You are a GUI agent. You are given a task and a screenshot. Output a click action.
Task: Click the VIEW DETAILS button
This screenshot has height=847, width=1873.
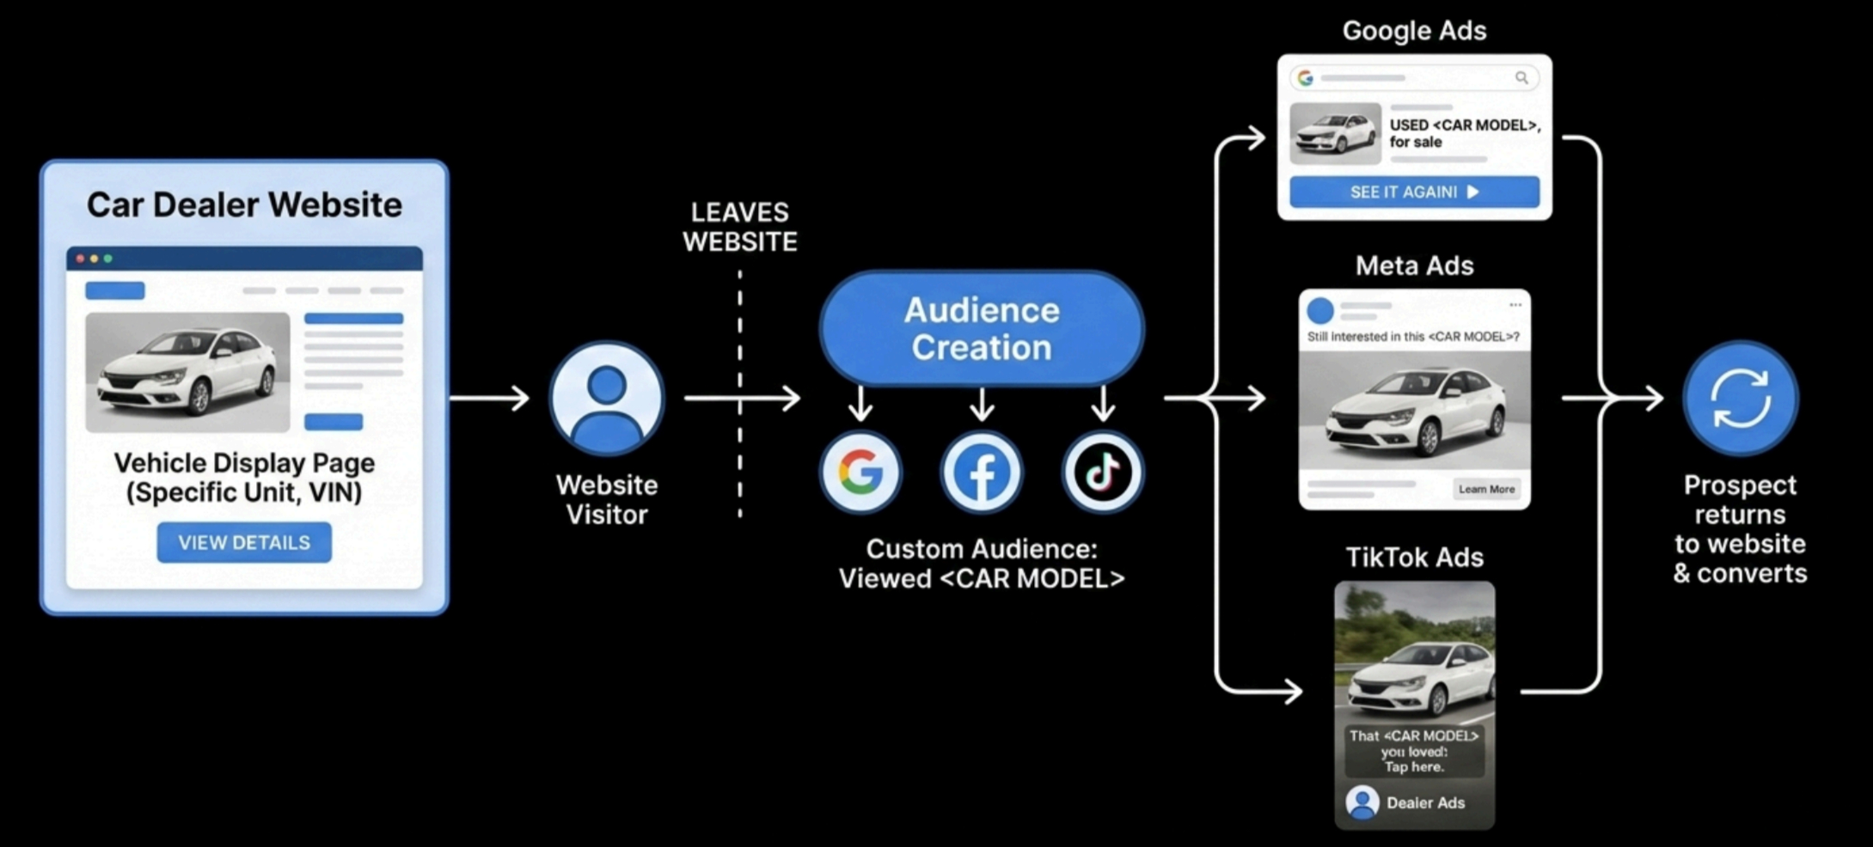tap(244, 543)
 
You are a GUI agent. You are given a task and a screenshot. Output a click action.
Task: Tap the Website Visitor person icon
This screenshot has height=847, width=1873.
tap(607, 398)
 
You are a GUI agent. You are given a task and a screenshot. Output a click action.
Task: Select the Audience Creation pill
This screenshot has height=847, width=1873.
tap(981, 329)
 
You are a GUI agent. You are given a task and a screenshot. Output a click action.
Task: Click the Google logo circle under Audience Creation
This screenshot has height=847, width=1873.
tap(860, 472)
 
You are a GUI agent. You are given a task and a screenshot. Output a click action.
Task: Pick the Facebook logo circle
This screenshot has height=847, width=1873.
tap(982, 472)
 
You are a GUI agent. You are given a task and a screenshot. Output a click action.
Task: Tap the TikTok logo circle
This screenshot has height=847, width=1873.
tap(1103, 472)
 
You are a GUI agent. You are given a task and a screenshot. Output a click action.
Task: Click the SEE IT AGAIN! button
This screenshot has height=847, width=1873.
tap(1414, 192)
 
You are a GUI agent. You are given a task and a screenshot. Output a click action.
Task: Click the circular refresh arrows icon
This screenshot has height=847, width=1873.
tap(1740, 398)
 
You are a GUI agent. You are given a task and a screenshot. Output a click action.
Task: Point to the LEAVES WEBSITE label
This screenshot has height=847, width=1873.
tap(739, 227)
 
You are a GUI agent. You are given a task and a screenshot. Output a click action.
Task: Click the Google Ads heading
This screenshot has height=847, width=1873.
tap(1414, 31)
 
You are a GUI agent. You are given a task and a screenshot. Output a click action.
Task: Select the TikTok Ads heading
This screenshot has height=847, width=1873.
tap(1414, 558)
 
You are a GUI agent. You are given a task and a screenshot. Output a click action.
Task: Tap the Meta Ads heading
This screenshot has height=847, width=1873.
tap(1414, 265)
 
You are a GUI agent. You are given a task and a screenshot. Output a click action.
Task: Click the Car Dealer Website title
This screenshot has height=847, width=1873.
tap(244, 204)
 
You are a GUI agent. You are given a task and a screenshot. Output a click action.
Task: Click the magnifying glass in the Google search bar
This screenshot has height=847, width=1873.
tap(1521, 78)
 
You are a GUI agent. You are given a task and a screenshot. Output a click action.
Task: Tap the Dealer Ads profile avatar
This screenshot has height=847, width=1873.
tap(1362, 802)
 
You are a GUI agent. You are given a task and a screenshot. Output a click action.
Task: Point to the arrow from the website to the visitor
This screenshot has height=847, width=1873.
tap(489, 398)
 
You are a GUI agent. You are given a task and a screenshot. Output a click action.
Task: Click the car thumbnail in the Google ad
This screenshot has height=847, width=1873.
tap(1335, 134)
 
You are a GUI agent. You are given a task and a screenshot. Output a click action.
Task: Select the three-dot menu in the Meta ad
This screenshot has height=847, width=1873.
tap(1515, 305)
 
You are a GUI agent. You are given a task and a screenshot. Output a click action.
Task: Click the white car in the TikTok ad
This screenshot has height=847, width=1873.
tap(1418, 679)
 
